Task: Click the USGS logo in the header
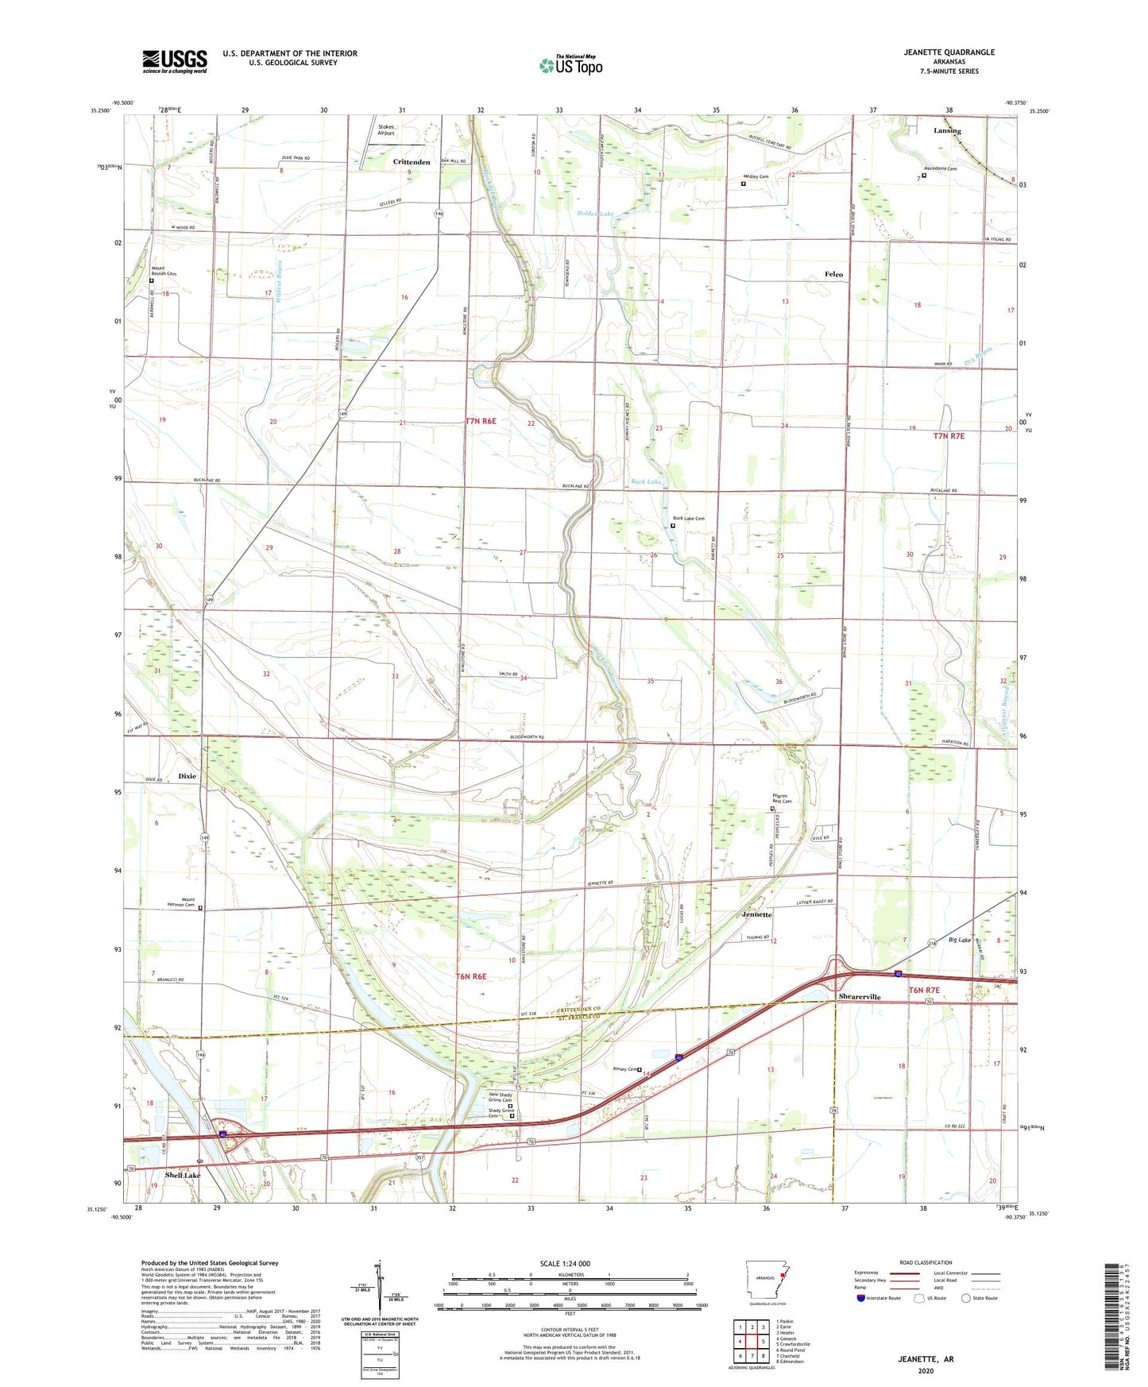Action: [175, 60]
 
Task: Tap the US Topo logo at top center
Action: [570, 65]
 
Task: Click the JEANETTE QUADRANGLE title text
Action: [949, 52]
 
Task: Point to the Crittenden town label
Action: [412, 162]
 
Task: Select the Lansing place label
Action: [947, 131]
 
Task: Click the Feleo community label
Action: [833, 274]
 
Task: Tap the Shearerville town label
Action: [860, 996]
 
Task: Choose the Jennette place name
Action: [756, 914]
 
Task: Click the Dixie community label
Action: [187, 776]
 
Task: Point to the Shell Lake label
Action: [183, 1175]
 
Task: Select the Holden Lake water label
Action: [595, 214]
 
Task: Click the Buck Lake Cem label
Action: [689, 519]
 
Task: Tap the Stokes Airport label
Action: [386, 129]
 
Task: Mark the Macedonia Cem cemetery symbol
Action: [924, 176]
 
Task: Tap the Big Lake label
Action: [959, 940]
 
